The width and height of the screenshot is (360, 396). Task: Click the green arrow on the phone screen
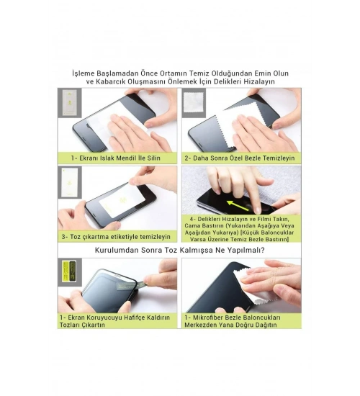coord(238,206)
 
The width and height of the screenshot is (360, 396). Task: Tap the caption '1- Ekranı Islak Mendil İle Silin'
coord(116,158)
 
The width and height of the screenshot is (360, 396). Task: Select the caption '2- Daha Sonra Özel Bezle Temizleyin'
coord(240,158)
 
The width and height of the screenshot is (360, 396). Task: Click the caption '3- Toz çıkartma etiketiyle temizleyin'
coord(116,237)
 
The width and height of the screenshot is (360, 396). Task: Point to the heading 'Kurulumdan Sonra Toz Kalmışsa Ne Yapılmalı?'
coord(179,251)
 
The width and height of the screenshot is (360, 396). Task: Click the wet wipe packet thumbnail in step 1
coord(69,102)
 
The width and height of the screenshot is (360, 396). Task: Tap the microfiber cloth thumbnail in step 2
coord(193,102)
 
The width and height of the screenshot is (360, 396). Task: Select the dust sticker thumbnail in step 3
coord(69,182)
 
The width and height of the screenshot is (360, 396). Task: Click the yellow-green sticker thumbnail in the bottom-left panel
coord(69,271)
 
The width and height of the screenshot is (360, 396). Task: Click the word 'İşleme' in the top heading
coord(84,73)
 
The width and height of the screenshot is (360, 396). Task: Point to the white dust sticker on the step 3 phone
coord(122,201)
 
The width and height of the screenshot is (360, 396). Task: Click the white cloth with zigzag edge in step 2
coord(239,125)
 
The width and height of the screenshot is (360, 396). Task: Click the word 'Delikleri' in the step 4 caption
coord(209,219)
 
